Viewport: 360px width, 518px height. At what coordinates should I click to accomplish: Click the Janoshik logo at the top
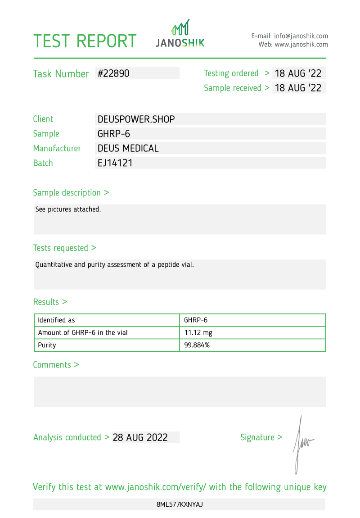[x=180, y=34]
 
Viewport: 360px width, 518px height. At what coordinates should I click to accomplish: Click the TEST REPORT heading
[x=85, y=41]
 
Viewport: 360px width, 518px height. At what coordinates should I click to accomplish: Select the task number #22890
[x=113, y=73]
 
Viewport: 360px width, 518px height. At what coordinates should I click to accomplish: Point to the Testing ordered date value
[x=298, y=73]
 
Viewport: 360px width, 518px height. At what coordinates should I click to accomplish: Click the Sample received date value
[x=298, y=88]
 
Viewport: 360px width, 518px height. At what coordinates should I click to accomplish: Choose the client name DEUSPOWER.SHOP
[x=136, y=119]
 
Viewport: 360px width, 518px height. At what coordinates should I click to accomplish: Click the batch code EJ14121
[x=115, y=163]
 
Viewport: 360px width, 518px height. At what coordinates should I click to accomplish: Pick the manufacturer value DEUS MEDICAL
[x=128, y=148]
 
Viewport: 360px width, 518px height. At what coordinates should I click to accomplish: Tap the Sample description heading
[x=71, y=193]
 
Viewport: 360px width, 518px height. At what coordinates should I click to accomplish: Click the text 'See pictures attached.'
[x=68, y=209]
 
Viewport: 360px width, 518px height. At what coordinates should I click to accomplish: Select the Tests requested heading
[x=64, y=248]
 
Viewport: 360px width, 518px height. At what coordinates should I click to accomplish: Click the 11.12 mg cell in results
[x=198, y=333]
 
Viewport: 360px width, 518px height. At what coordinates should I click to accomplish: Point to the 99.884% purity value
[x=197, y=345]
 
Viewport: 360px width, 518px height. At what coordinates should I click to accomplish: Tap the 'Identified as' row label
[x=56, y=320]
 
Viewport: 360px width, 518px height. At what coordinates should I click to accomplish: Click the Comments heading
[x=56, y=365]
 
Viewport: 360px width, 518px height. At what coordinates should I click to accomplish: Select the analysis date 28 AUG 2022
[x=140, y=437]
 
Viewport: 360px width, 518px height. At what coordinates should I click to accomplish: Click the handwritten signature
[x=302, y=444]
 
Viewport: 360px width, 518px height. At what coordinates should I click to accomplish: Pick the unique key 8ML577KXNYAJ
[x=180, y=504]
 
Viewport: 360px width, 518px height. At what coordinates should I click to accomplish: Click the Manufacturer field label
[x=57, y=148]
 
